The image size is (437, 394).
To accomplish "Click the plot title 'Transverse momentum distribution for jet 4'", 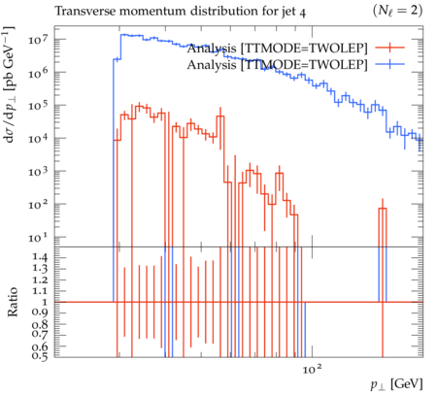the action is click(x=180, y=12).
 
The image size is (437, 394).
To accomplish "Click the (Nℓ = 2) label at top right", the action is click(x=397, y=11).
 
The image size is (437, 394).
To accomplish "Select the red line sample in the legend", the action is click(x=390, y=48).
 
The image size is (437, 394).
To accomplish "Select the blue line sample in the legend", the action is click(x=390, y=65).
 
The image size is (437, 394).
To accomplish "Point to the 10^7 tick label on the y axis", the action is click(x=38, y=40).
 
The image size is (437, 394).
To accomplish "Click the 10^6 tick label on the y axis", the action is click(x=38, y=73).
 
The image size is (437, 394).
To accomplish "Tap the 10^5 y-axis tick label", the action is click(x=38, y=106).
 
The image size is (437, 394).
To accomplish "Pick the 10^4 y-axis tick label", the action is click(x=38, y=139).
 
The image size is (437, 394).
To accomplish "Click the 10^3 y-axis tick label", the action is click(x=38, y=172).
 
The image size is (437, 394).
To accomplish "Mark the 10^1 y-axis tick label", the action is click(x=38, y=238).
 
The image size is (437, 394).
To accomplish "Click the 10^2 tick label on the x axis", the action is click(x=313, y=369).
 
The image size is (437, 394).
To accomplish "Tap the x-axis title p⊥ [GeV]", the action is click(x=397, y=384).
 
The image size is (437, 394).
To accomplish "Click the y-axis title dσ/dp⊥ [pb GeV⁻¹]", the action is click(x=9, y=84).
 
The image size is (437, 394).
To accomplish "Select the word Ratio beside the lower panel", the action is click(x=12, y=302).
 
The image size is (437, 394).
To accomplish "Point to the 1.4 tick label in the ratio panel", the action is click(x=40, y=258).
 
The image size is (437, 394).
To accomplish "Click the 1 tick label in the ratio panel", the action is click(x=45, y=302).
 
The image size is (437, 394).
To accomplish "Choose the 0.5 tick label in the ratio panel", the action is click(x=40, y=356).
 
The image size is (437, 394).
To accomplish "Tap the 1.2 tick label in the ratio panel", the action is click(x=40, y=279).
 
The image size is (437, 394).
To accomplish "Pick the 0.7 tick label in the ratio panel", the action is click(x=40, y=334).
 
